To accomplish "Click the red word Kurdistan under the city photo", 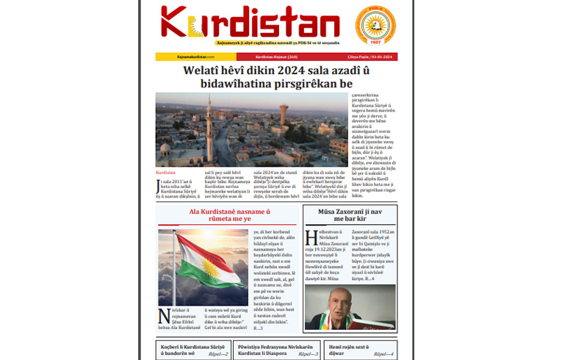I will pos(166,173).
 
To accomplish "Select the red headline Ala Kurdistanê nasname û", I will pos(227,212).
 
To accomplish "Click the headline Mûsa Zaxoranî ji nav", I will pos(350,212).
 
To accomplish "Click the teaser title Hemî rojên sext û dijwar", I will pos(348,349).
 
